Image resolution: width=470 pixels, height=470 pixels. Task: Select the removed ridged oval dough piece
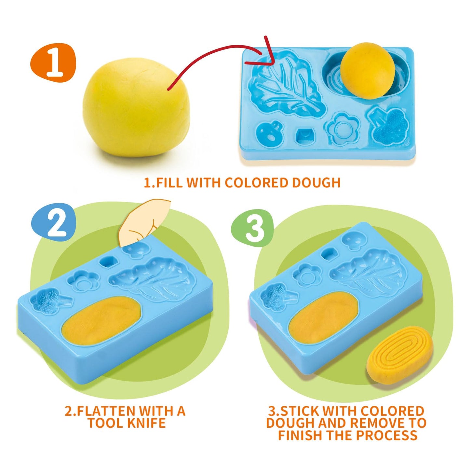pyautogui.click(x=399, y=353)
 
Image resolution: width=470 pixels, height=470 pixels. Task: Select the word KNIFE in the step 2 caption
pyautogui.click(x=147, y=423)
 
